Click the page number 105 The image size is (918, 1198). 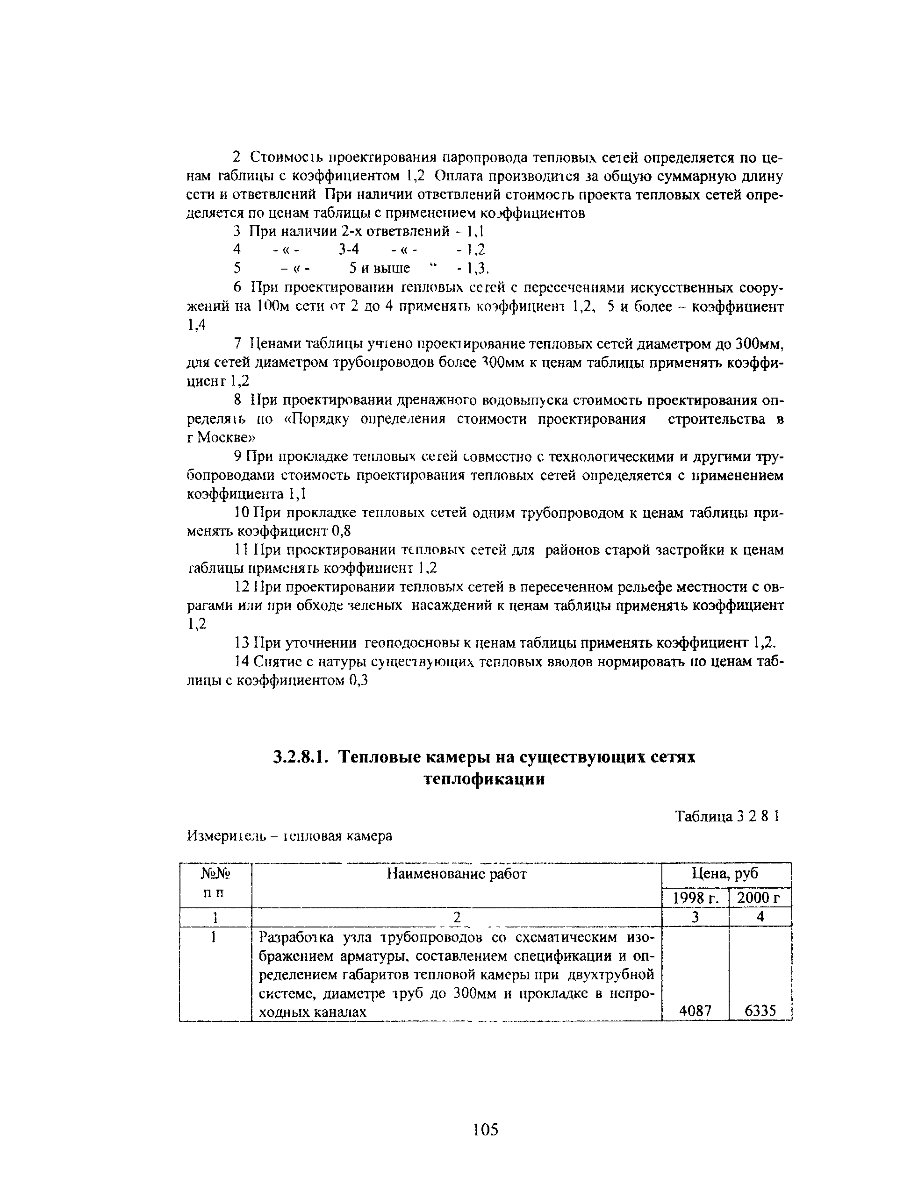point(486,1129)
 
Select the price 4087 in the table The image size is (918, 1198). point(695,1012)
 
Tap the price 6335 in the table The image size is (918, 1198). point(760,1012)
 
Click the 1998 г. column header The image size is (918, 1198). point(695,898)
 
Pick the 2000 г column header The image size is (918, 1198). point(760,898)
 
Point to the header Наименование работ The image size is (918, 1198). point(456,874)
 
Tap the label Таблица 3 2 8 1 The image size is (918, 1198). point(726,816)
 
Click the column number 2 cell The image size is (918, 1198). point(457,918)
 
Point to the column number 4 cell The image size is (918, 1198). point(760,918)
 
